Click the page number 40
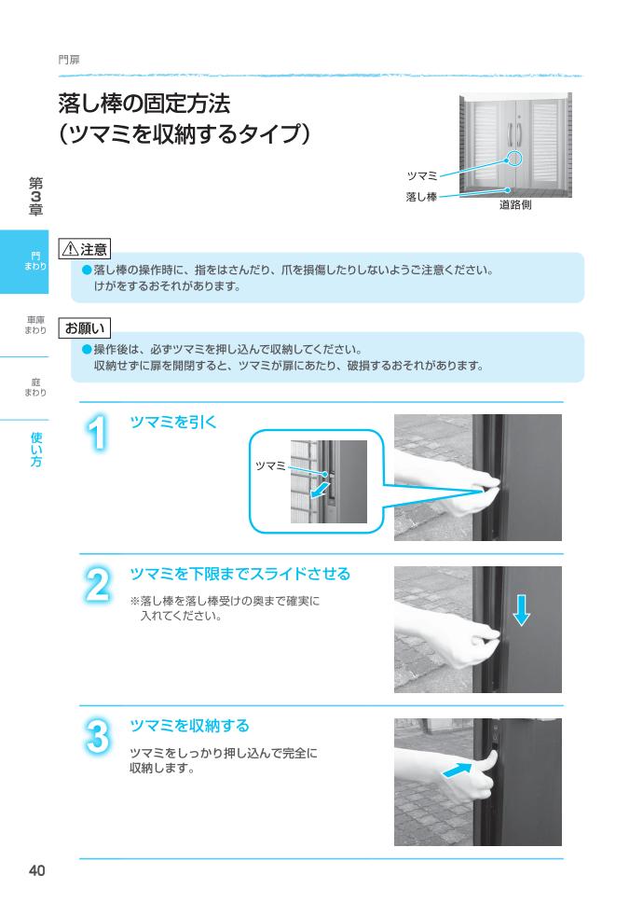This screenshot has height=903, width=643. click(36, 871)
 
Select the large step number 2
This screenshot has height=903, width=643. click(97, 586)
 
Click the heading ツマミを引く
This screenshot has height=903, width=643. click(173, 422)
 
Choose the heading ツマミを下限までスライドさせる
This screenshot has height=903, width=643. click(239, 573)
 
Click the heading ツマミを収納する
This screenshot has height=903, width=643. click(189, 725)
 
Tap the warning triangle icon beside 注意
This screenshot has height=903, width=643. click(68, 249)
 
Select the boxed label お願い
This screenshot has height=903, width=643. click(85, 328)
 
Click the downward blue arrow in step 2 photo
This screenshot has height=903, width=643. click(522, 610)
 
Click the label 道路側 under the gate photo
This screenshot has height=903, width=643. click(514, 204)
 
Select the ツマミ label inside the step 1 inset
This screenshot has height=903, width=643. click(270, 465)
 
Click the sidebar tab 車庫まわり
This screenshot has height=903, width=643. click(35, 325)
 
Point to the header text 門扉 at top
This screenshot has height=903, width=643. click(69, 59)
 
